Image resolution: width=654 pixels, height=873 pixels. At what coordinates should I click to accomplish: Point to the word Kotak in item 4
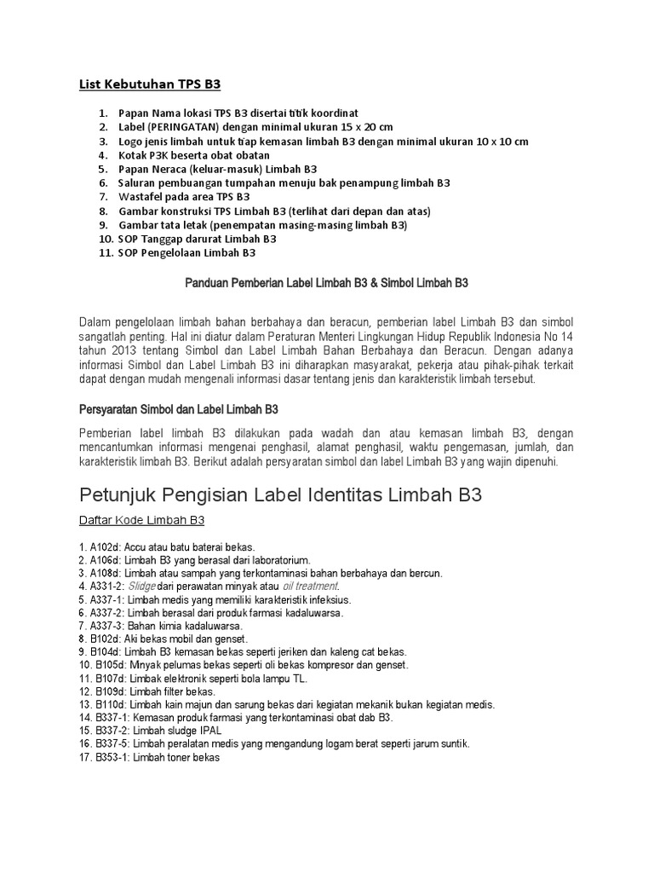pyautogui.click(x=135, y=155)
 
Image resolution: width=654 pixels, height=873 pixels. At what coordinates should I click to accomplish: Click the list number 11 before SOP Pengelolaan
pyautogui.click(x=106, y=253)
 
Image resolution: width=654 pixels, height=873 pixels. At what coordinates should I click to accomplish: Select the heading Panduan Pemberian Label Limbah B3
pyautogui.click(x=327, y=282)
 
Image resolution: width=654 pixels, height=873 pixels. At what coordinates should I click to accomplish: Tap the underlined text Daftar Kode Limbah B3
pyautogui.click(x=142, y=520)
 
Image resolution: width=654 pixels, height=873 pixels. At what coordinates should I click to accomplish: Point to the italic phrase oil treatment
pyautogui.click(x=310, y=587)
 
